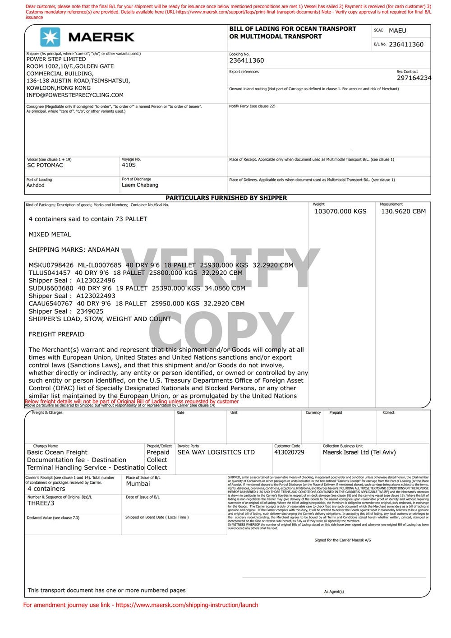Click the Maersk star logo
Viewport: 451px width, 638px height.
(50, 37)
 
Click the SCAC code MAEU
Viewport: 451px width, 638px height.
(397, 31)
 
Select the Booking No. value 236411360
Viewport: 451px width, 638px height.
(247, 60)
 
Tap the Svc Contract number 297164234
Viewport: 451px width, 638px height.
(414, 78)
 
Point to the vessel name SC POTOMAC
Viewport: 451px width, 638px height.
(45, 165)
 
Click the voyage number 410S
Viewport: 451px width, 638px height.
(129, 165)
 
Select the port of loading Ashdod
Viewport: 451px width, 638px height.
(36, 185)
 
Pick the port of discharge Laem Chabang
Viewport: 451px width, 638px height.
(140, 185)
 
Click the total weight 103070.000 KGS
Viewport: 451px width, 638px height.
(340, 211)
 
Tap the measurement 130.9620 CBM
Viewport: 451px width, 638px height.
(403, 211)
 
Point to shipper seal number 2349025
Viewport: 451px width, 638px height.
(90, 311)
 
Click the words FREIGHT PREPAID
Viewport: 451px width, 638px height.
(56, 334)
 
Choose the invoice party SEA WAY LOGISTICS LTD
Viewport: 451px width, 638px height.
(216, 452)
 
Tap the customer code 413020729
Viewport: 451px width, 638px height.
(289, 452)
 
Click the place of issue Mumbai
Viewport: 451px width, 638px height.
(138, 484)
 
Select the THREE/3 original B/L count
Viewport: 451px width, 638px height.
(41, 503)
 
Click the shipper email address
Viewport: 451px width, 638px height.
(75, 95)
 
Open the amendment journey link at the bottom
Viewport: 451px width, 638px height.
(187, 605)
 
